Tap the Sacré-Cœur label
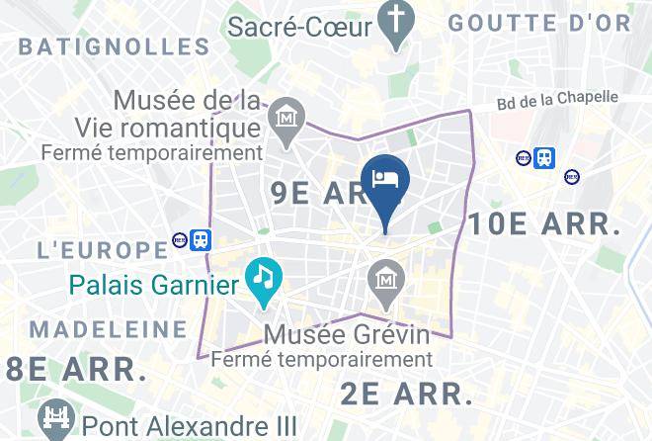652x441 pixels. click(x=299, y=26)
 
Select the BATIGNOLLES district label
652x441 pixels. click(x=115, y=46)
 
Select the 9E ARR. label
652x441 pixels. click(x=316, y=194)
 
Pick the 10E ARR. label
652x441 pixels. click(x=544, y=224)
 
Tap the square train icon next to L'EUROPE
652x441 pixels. click(x=201, y=239)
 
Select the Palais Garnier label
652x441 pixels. click(x=154, y=287)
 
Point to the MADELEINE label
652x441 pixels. click(x=108, y=329)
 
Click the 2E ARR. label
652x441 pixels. click(x=407, y=394)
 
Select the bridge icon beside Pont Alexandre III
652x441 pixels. click(x=54, y=419)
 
